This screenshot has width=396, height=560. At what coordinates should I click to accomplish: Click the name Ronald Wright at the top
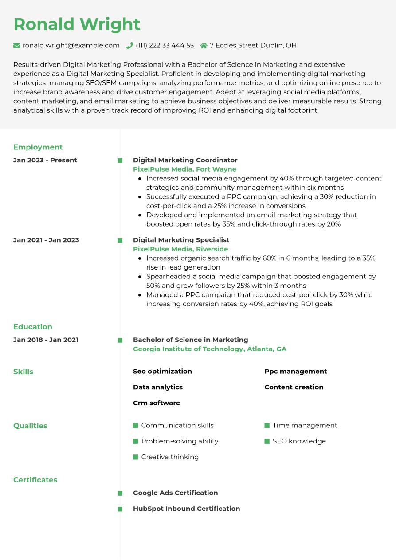[77, 24]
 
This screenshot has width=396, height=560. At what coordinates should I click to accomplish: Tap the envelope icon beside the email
[17, 45]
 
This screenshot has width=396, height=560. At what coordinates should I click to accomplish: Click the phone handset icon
[129, 45]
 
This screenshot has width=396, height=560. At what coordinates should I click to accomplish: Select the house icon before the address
[204, 45]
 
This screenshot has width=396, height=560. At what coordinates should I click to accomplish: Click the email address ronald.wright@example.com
[71, 45]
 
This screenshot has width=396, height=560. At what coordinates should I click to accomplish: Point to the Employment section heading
[38, 147]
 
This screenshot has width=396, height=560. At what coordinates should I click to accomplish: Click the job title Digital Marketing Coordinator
[185, 160]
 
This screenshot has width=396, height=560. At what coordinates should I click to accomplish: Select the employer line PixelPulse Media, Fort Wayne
[184, 169]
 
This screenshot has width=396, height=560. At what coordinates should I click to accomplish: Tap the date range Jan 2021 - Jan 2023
[46, 240]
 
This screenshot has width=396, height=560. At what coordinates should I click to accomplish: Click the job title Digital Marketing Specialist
[181, 240]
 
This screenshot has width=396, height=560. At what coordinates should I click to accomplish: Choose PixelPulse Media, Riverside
[180, 249]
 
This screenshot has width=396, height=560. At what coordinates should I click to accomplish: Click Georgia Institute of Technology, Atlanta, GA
[210, 349]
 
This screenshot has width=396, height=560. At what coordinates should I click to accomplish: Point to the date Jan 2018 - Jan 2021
[46, 340]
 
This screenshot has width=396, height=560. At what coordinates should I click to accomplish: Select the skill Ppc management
[295, 372]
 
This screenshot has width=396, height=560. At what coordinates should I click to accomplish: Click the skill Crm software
[157, 403]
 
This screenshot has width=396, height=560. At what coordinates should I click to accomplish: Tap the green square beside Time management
[267, 426]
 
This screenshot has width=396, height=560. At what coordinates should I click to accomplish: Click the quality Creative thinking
[170, 457]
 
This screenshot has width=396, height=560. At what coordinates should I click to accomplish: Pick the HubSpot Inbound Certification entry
[186, 509]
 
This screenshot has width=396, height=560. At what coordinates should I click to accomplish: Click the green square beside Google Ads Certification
[120, 493]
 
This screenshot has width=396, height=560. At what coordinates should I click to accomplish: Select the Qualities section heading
[30, 426]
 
